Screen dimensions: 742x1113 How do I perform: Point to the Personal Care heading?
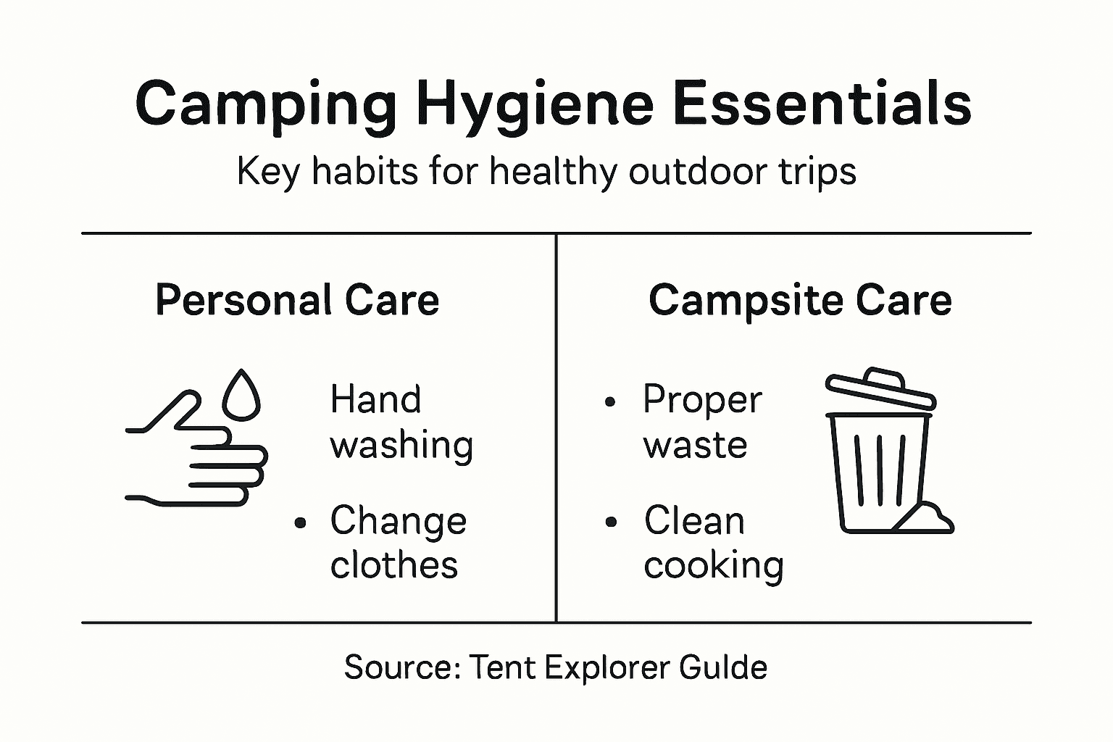(x=297, y=300)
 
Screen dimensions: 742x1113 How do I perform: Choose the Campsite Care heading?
(x=800, y=300)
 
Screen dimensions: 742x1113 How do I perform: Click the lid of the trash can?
(x=880, y=391)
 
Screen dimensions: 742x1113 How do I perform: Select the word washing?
(x=401, y=445)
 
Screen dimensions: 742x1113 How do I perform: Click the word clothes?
(x=394, y=565)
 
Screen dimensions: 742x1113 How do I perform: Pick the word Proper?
(x=702, y=399)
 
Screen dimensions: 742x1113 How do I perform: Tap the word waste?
(x=695, y=445)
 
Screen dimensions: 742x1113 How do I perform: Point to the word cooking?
(x=714, y=565)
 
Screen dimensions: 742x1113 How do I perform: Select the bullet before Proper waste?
(x=611, y=401)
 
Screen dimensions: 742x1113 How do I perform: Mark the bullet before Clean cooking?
(x=612, y=522)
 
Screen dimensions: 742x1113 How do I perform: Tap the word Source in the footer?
(x=401, y=667)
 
